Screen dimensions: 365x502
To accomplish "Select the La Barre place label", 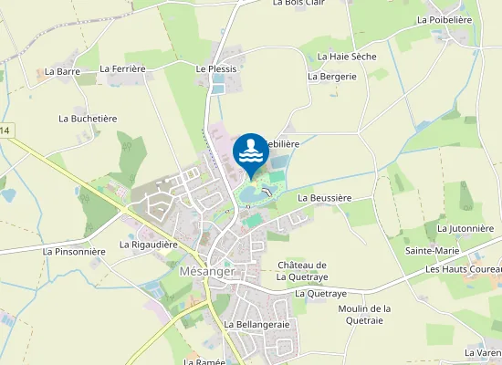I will click(x=63, y=71).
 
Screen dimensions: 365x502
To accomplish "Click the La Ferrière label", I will click(x=123, y=68).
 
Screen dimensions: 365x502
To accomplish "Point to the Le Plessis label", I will click(x=216, y=68).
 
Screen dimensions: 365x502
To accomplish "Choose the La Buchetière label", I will click(x=88, y=119).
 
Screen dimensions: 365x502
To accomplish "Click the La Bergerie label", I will click(x=331, y=77).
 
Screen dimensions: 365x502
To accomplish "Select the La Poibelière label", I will click(x=444, y=18).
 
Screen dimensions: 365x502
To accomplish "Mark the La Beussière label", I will click(x=325, y=197).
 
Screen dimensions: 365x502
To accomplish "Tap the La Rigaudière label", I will click(x=148, y=245).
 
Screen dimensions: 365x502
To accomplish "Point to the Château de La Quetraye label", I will click(x=301, y=271).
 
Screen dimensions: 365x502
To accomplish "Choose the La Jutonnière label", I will click(x=467, y=228).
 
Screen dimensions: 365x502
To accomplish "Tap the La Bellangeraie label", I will click(x=256, y=325).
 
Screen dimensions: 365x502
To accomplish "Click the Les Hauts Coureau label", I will click(x=464, y=270).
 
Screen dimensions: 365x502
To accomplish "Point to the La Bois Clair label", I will click(x=299, y=3).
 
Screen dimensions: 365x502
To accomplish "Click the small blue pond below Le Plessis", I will click(x=216, y=88).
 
